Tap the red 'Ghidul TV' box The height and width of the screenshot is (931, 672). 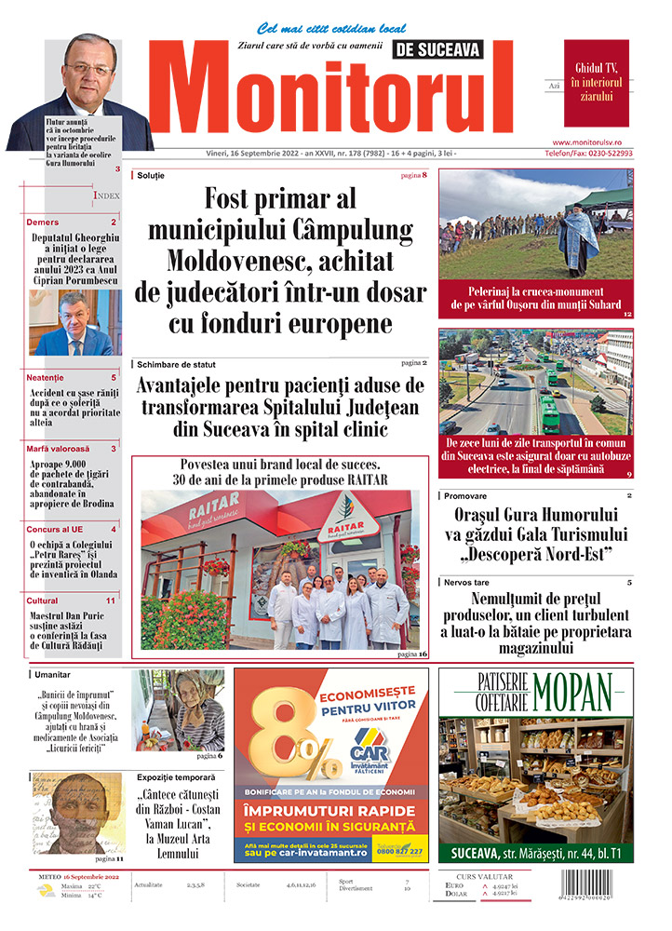[596, 82]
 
